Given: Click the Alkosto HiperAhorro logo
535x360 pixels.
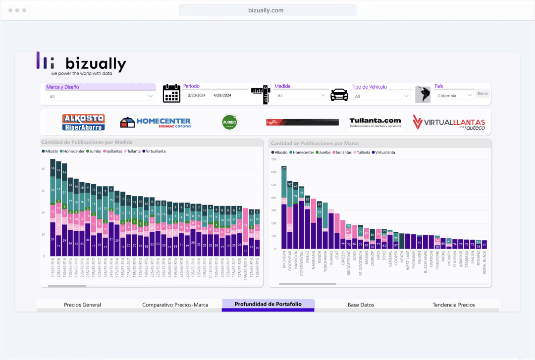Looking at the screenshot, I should pos(83,122).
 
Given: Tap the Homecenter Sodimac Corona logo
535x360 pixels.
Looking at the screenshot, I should pos(155,122).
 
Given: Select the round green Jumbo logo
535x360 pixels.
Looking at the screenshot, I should pos(229,122).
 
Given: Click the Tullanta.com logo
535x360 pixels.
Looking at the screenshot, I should pos(375,122).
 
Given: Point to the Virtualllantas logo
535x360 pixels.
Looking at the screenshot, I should pos(449,122).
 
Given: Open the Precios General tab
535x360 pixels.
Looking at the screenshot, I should pos(82,305).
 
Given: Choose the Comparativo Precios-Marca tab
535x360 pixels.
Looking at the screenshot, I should pos(175,305).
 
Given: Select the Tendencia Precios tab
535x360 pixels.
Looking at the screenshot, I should pos(453,305).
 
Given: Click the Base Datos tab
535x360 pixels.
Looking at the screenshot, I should pos(361,305).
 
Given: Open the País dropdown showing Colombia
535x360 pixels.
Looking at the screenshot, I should pos(454,96).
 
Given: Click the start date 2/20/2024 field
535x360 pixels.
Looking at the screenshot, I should pos(196,96).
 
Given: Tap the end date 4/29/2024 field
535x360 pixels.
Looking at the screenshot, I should pos(223,96).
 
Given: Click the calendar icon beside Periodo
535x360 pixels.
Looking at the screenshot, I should pos(171,93).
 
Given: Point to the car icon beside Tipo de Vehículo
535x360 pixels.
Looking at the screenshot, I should pos(339,94).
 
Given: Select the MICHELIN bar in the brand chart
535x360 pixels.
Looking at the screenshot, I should pos(284,208).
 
